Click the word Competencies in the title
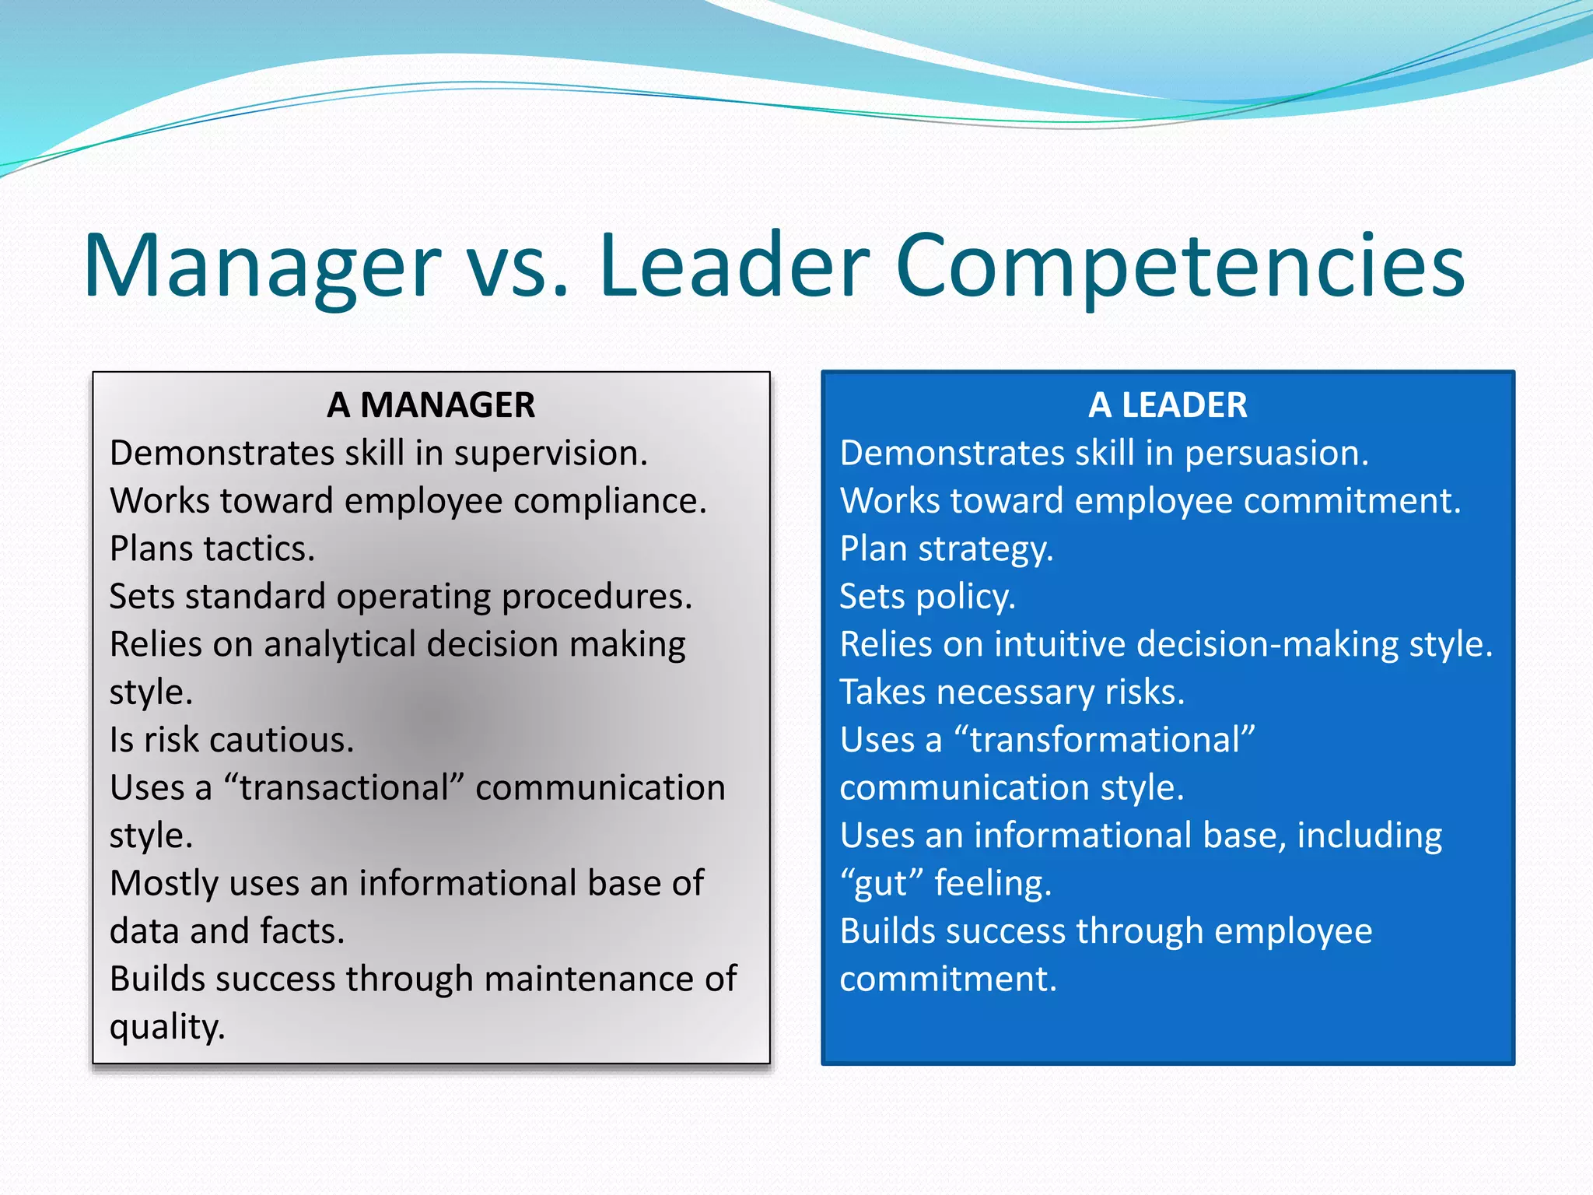click(1180, 266)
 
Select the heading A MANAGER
click(431, 405)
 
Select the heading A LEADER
click(1168, 405)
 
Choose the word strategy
click(986, 549)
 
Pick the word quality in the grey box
click(167, 1027)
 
